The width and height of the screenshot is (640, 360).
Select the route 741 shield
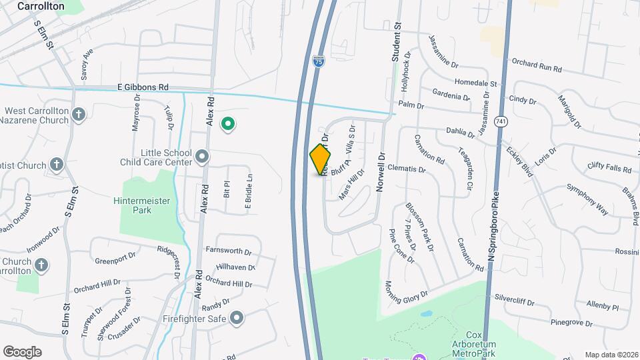click(x=501, y=121)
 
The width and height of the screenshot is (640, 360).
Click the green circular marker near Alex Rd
click(x=228, y=124)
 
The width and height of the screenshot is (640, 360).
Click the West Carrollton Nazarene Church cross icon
click(x=79, y=115)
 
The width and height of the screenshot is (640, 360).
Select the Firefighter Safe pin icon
click(x=236, y=318)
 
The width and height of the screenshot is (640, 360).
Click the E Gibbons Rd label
click(x=143, y=87)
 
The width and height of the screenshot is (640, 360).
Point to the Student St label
click(x=396, y=41)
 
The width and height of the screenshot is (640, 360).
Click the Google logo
click(x=22, y=352)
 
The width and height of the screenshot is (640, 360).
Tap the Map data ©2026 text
click(x=611, y=355)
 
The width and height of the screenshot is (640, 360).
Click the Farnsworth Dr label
click(x=228, y=253)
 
